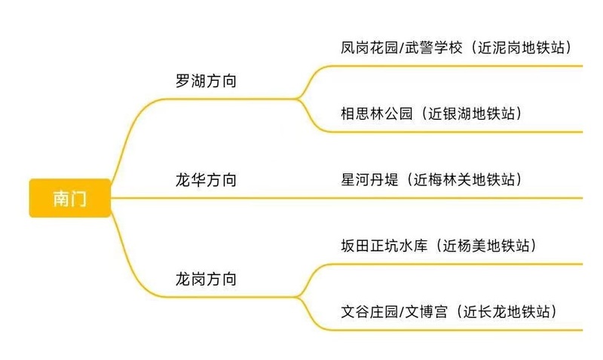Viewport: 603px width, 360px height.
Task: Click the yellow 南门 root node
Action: click(x=70, y=198)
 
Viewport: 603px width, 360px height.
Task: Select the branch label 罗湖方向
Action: click(x=206, y=81)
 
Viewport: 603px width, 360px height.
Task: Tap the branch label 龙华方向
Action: click(x=206, y=180)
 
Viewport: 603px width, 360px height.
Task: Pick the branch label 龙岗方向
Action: click(x=206, y=279)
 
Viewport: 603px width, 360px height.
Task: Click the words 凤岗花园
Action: click(x=369, y=47)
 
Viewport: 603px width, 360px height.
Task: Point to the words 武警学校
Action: click(x=433, y=47)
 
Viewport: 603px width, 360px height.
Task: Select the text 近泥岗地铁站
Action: click(x=521, y=47)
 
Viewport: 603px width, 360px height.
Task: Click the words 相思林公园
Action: click(x=376, y=114)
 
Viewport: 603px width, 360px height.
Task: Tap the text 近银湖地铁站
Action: click(x=472, y=114)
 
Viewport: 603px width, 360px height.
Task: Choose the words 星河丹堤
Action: click(x=369, y=180)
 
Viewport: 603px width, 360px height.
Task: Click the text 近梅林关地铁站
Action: click(x=464, y=180)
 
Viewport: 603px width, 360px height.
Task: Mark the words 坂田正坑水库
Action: click(x=384, y=246)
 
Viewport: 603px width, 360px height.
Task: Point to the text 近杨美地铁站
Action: click(x=486, y=246)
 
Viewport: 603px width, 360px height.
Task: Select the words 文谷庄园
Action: click(x=369, y=312)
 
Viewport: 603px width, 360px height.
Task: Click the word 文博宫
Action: click(x=427, y=312)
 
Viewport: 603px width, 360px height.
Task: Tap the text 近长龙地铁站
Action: click(x=507, y=312)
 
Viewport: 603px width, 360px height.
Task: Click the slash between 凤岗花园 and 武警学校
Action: click(x=402, y=48)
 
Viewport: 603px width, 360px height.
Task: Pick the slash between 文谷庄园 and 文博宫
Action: click(x=402, y=312)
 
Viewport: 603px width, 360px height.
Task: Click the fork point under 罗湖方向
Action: click(x=297, y=99)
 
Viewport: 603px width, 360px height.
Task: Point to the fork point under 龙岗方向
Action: click(x=297, y=297)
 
